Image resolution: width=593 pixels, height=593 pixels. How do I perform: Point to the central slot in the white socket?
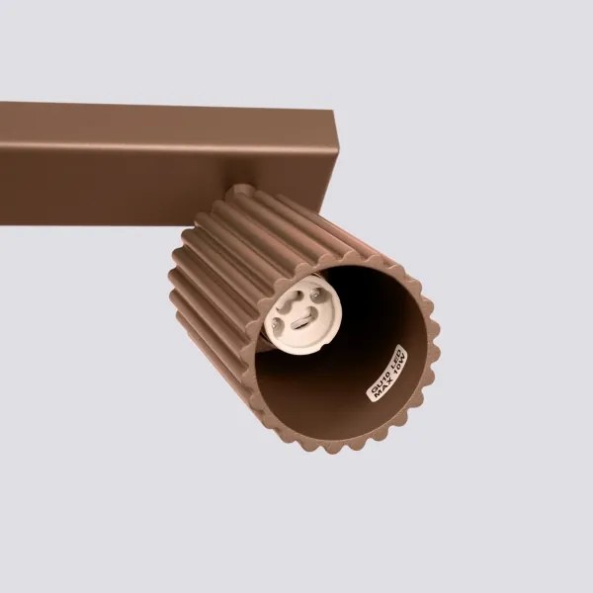point(301,316)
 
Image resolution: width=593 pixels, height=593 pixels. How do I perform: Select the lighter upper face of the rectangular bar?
point(168,124)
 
